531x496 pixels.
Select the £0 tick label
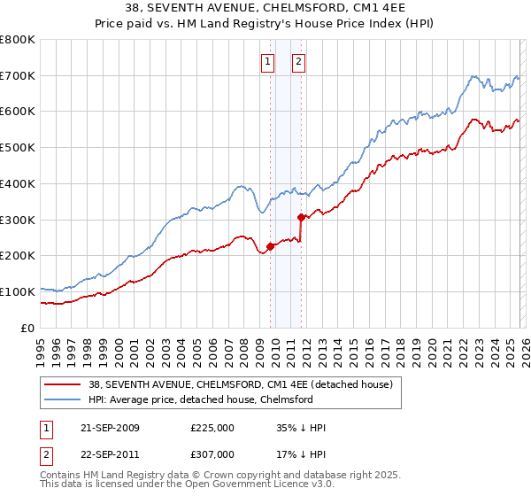click(x=28, y=328)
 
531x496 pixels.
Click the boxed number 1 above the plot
click(x=267, y=61)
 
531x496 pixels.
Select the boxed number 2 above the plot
click(x=298, y=61)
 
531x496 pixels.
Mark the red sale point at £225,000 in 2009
click(x=270, y=246)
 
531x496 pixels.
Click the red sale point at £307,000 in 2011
click(x=302, y=217)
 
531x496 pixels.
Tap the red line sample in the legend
click(x=63, y=384)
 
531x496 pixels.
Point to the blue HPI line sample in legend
click(x=63, y=399)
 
